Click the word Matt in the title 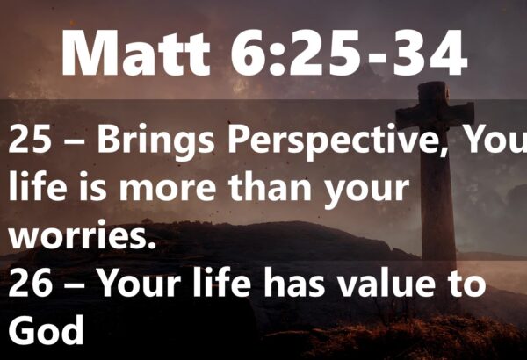coord(136,53)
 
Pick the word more coord(168,190)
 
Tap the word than coord(270,187)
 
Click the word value coord(390,284)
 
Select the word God coord(46,329)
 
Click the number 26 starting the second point coord(30,284)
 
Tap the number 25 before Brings coord(30,139)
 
